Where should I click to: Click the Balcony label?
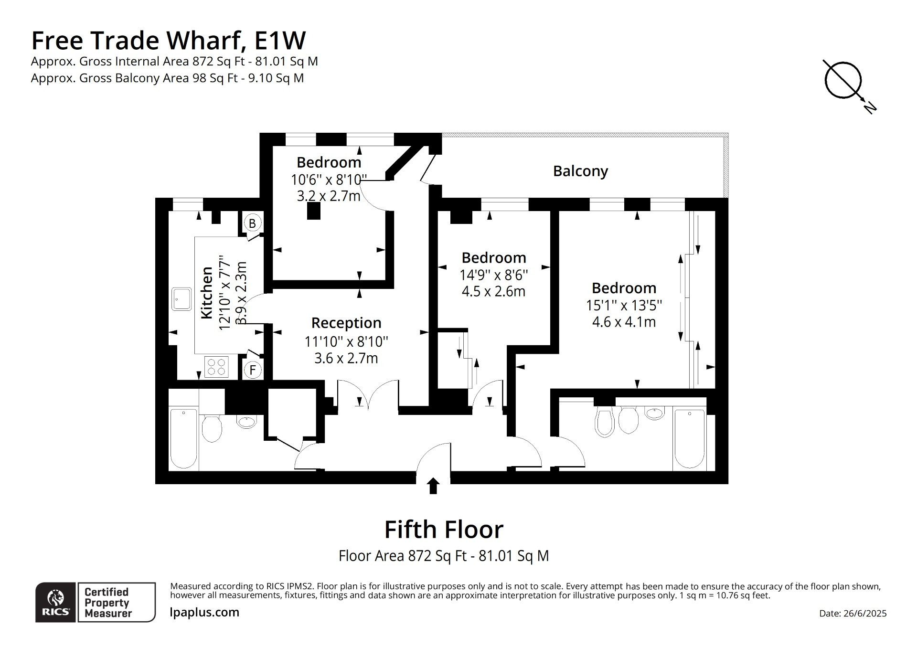pos(580,171)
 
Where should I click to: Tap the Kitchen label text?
pos(206,293)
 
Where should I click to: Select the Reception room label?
pos(346,323)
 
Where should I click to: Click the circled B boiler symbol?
pos(252,223)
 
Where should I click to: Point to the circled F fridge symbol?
pos(252,370)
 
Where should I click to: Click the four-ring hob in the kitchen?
pos(216,367)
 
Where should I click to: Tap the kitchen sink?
pos(181,299)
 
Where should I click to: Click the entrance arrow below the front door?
pos(433,486)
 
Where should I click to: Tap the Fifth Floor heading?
pos(444,530)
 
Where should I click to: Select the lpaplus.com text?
pos(204,613)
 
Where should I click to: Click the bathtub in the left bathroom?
pos(183,438)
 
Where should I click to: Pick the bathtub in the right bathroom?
pos(689,439)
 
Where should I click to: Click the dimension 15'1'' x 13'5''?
pos(624,306)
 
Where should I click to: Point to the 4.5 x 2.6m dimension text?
pos(493,291)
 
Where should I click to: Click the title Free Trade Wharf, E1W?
pos(168,40)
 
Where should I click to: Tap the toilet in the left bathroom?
pos(212,428)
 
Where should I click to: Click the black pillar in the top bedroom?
pos(313,211)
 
